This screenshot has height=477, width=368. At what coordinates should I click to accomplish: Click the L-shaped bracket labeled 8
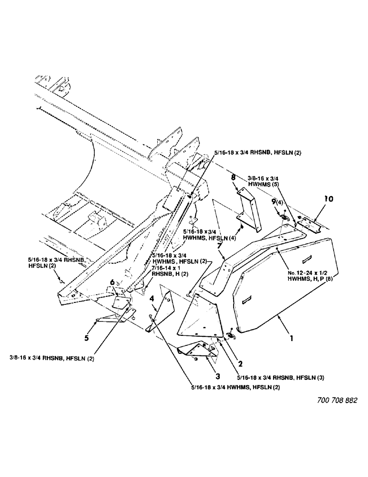coord(249,204)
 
